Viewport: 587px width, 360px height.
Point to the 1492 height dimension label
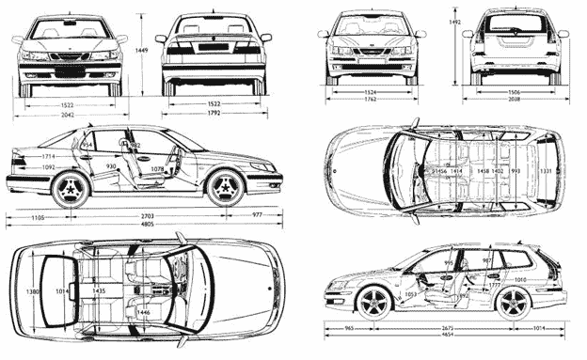point(454,20)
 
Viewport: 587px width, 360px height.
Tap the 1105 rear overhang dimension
point(38,216)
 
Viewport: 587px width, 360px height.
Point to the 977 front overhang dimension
point(258,216)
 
